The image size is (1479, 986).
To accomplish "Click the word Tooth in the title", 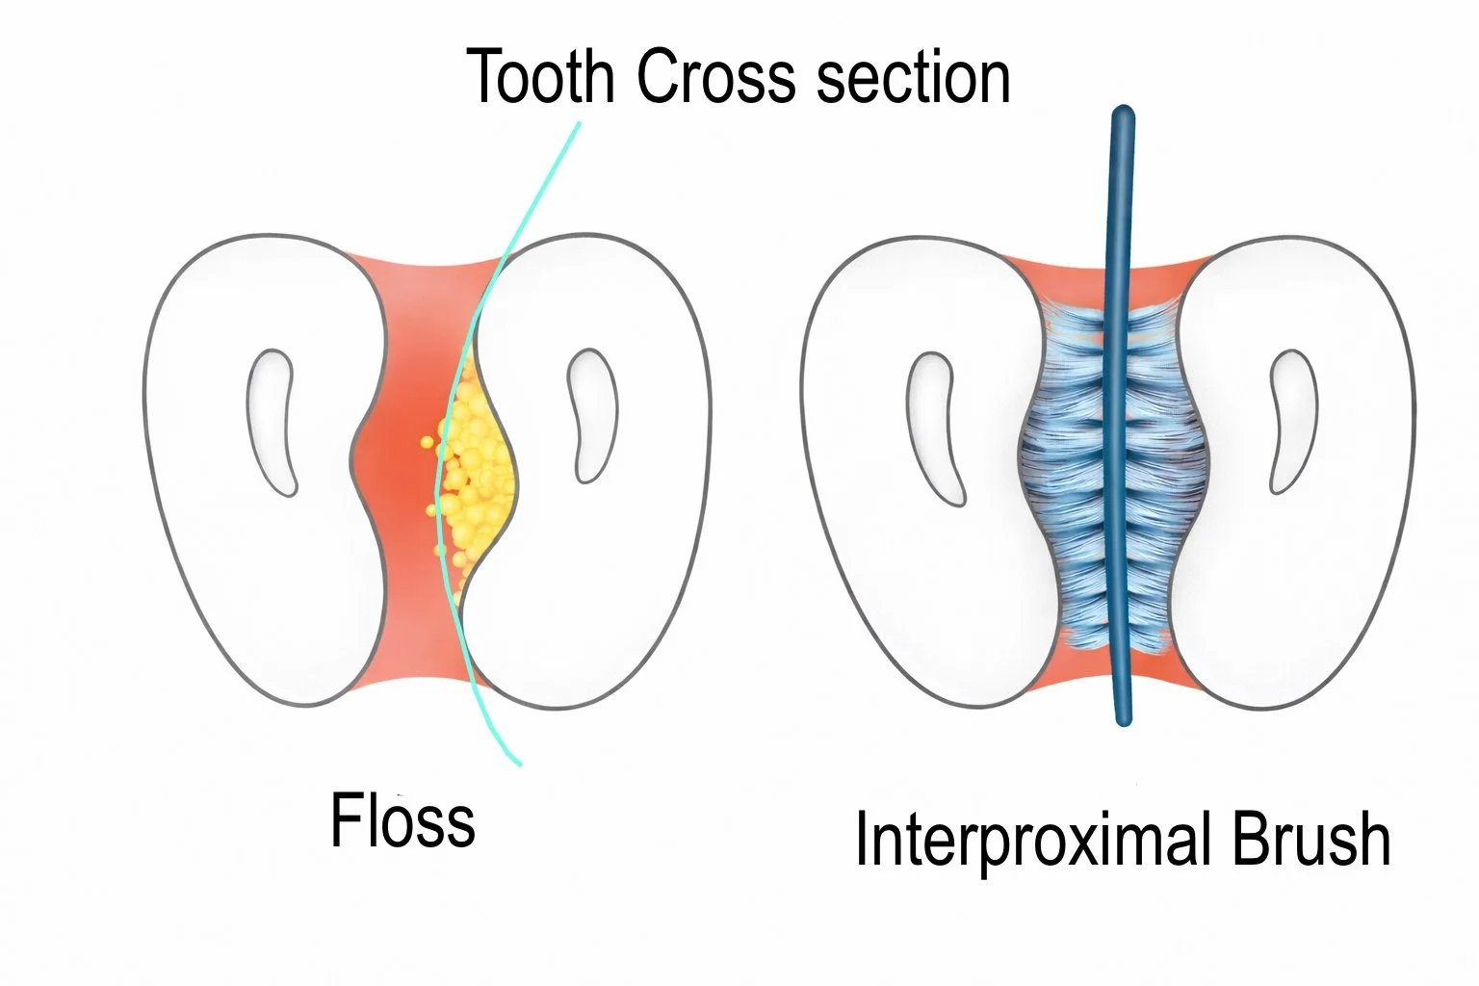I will tap(539, 76).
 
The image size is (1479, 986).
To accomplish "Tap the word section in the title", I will tap(913, 76).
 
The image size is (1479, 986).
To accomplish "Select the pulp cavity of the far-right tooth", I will tap(1291, 420).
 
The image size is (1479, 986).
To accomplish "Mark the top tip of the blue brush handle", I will tap(1123, 114).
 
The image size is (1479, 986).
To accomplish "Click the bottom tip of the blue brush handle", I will tap(1122, 717).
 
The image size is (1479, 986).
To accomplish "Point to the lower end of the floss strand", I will tap(518, 763).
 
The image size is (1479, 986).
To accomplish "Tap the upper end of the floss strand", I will tap(579, 124).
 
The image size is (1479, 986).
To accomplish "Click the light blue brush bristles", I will tap(1069, 462).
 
